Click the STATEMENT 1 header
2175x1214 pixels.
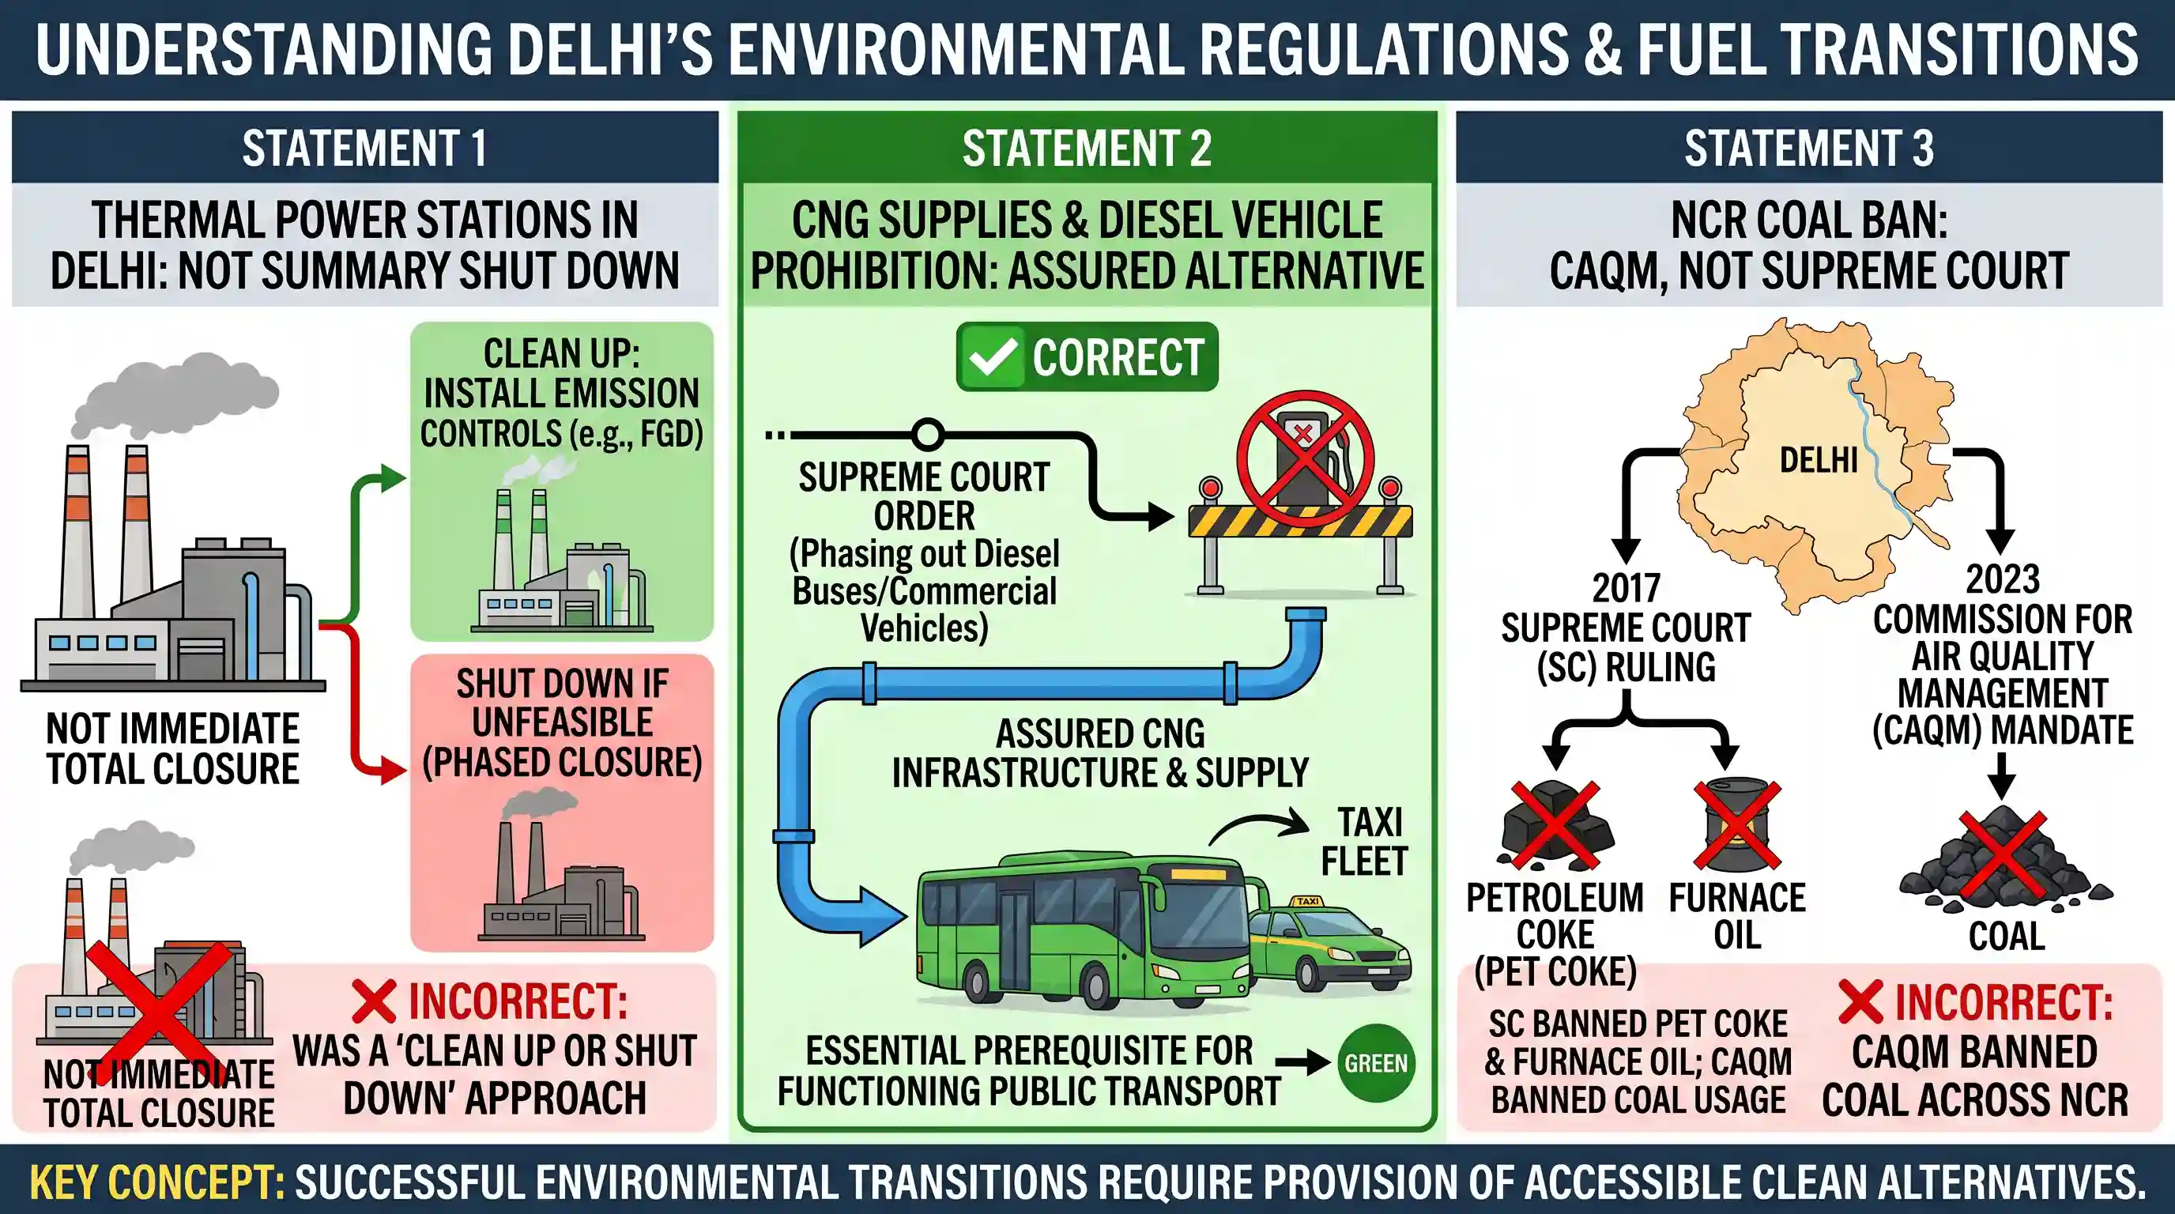(x=365, y=149)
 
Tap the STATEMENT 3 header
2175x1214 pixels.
(x=1808, y=149)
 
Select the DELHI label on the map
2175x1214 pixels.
(x=1819, y=461)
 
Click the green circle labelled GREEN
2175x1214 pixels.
(x=1376, y=1063)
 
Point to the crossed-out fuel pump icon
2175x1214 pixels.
(x=1306, y=459)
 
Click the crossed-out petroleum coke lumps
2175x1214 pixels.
(x=1555, y=825)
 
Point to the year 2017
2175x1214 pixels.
(x=1626, y=589)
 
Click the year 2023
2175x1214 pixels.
(x=2002, y=579)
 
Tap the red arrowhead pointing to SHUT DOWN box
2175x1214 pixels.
(x=394, y=770)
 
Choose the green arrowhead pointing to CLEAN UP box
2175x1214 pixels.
(x=393, y=479)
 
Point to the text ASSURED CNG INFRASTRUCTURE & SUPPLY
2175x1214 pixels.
(x=1099, y=753)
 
